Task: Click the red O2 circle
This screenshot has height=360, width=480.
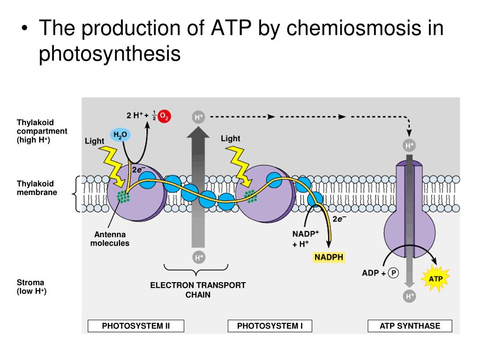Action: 164,116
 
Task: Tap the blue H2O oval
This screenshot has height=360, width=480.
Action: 120,135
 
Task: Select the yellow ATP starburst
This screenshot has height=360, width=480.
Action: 435,279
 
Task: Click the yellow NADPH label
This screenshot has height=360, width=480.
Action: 329,257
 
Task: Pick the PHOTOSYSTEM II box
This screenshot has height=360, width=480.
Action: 136,326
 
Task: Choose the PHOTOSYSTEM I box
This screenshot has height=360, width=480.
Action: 270,326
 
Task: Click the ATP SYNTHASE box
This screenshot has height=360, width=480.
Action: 410,326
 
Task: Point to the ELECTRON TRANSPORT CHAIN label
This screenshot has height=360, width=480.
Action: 198,290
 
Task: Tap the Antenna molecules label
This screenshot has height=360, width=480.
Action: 110,239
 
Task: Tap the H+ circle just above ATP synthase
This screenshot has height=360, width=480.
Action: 410,146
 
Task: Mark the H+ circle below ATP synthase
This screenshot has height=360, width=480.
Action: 410,296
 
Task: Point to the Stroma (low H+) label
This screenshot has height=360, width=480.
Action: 32,287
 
